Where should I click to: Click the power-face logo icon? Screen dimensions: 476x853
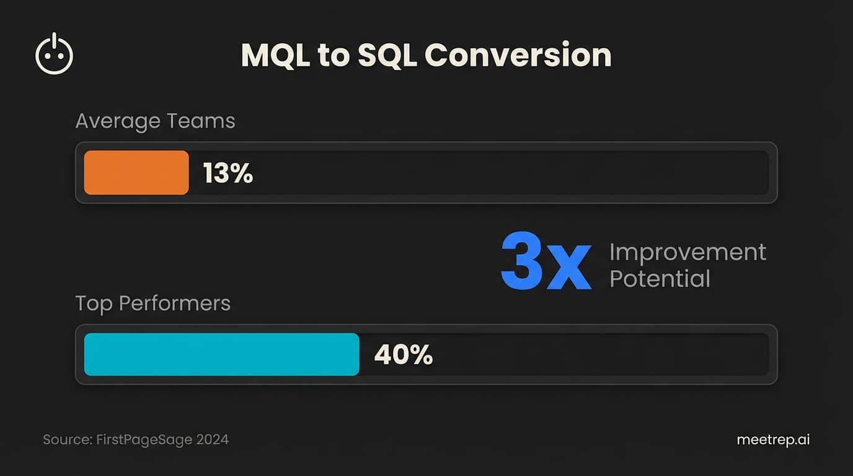55,55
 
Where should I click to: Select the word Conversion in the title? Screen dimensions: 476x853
518,55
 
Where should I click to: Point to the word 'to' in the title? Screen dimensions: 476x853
334,56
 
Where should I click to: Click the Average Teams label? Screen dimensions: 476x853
155,121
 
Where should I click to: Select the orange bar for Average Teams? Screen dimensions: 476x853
136,173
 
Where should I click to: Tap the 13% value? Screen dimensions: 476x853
228,174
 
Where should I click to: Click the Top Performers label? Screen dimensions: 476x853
152,303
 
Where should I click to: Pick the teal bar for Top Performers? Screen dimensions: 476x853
221,355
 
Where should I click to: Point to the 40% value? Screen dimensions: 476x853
403,355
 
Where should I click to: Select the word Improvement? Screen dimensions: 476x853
687,252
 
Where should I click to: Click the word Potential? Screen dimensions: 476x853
660,279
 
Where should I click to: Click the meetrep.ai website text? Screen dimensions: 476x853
773,440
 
